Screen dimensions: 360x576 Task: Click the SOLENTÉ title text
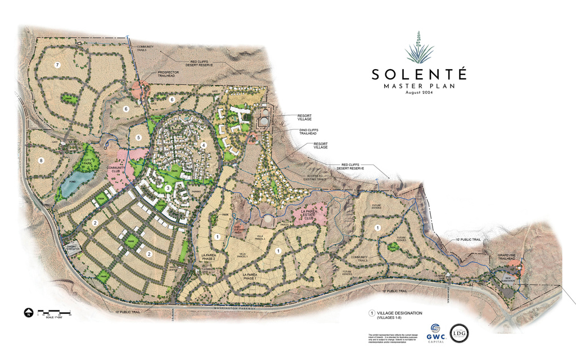(418, 74)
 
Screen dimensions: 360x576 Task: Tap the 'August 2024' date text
(418, 93)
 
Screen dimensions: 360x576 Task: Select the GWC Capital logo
(436, 333)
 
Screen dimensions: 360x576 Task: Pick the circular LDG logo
(459, 333)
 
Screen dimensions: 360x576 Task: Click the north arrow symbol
(27, 312)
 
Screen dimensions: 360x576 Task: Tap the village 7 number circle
(57, 65)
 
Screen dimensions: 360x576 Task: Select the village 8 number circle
(40, 160)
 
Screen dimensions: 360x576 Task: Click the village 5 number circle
(138, 137)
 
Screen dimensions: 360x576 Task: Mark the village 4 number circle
(204, 145)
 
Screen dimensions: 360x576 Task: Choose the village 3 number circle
(168, 188)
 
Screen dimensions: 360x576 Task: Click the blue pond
(76, 183)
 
